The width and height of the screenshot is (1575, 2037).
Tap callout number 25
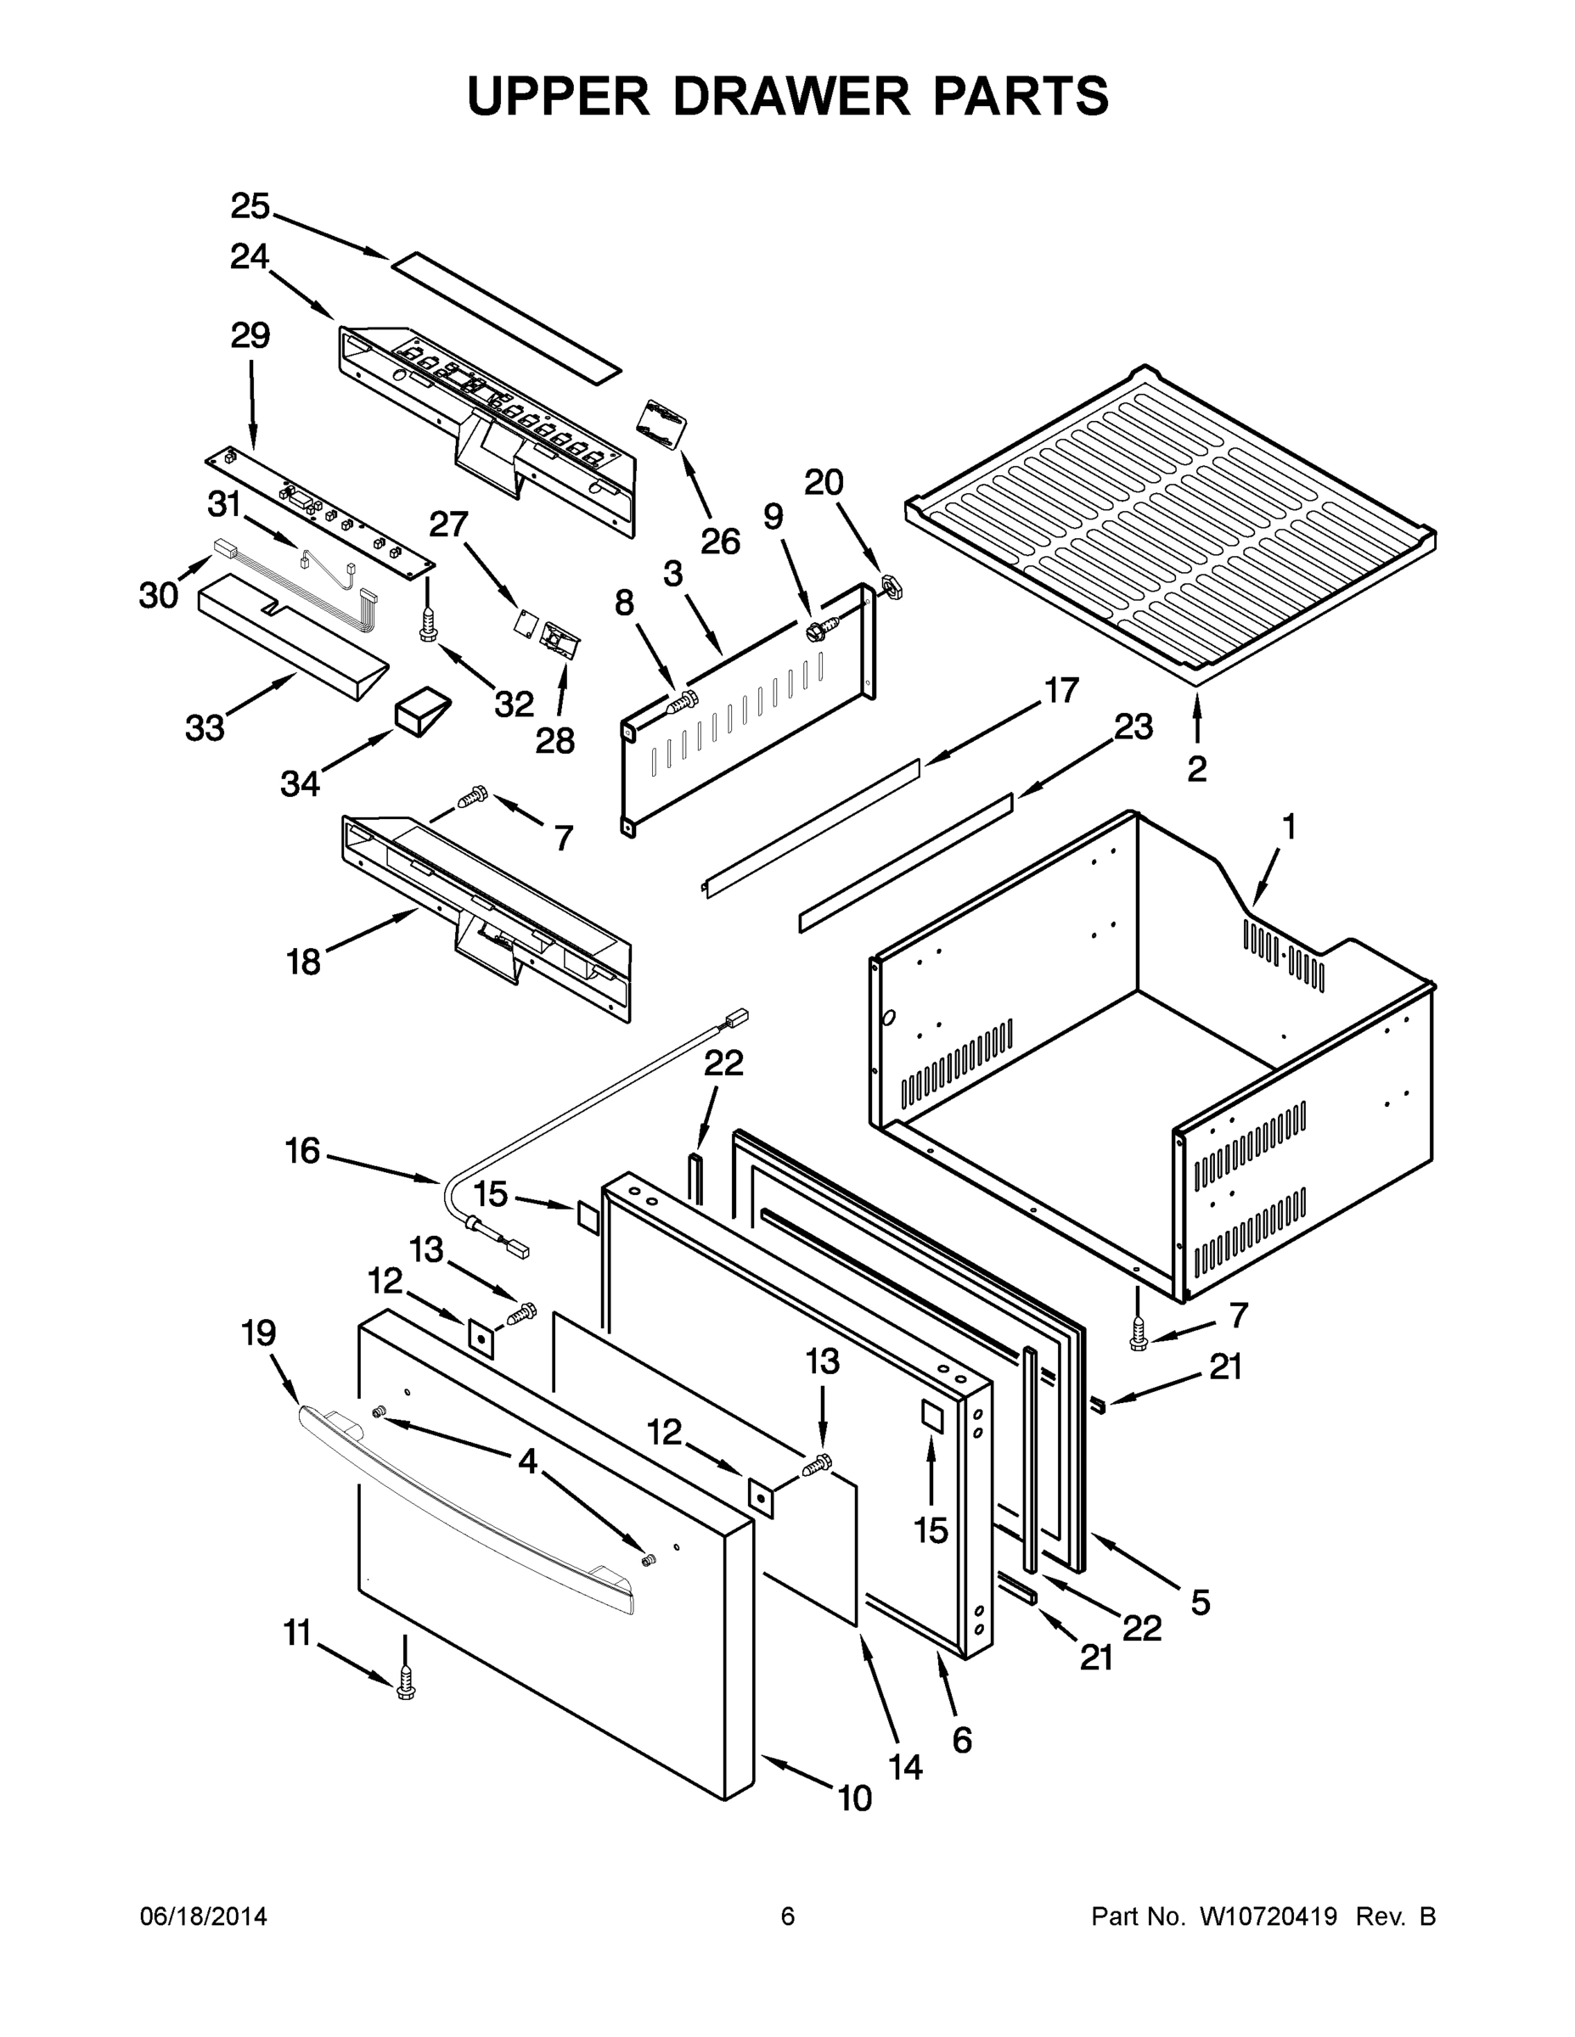tap(250, 207)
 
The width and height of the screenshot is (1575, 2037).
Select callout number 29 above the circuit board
tap(250, 336)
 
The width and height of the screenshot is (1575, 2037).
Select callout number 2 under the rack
tap(1196, 770)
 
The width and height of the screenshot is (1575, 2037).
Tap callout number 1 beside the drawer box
tap(1289, 827)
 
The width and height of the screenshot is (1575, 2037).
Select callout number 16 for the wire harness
tap(303, 1151)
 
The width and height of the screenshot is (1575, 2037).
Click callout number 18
tap(304, 961)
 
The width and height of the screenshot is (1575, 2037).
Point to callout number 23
tap(1133, 727)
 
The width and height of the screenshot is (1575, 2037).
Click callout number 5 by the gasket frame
tap(1200, 1602)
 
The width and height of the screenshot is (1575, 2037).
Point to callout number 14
tap(905, 1766)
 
